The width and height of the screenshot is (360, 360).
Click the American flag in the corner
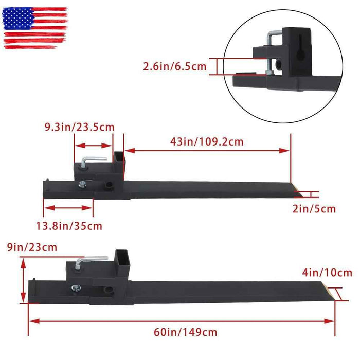[35, 28]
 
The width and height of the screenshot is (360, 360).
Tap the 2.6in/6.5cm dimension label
[175, 66]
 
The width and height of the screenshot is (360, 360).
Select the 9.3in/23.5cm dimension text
[79, 127]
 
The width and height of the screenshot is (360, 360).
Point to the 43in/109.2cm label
[207, 141]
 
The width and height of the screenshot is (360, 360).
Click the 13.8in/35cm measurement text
[69, 226]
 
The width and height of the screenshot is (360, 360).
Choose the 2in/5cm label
[314, 209]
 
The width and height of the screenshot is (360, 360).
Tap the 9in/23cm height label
[32, 247]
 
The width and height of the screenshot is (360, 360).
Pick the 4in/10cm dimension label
[327, 273]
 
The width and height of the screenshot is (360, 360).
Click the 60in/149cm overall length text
[186, 332]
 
